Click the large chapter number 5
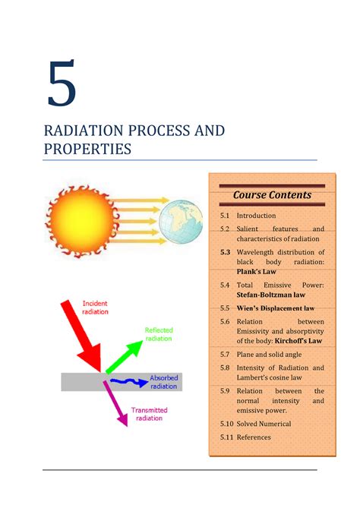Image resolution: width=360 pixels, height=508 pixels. pos(62,84)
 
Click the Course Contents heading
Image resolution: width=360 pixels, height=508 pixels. pos(272,194)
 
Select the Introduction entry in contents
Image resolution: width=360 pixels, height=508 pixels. pos(256,216)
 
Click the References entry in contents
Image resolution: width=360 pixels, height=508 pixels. pos(254,437)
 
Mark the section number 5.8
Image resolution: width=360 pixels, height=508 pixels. pos(225,368)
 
